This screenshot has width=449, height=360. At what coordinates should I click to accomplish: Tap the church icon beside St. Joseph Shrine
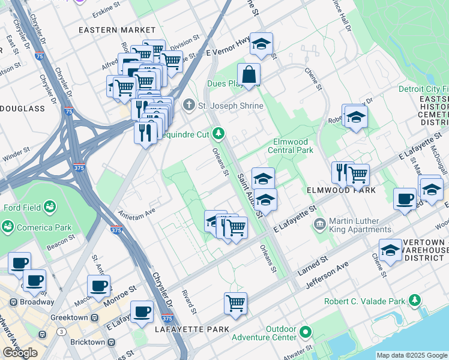click(189, 106)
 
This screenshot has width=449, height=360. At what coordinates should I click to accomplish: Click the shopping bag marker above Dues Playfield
click(249, 75)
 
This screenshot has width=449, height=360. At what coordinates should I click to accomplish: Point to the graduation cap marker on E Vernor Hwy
click(261, 44)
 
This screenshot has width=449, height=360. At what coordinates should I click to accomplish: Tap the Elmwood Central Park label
click(289, 146)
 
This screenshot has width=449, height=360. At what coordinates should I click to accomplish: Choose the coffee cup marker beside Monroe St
click(98, 286)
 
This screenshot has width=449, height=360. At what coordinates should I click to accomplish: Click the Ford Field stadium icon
click(50, 208)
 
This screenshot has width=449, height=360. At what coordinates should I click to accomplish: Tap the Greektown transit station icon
click(93, 317)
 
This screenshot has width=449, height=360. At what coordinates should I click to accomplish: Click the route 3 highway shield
click(61, 331)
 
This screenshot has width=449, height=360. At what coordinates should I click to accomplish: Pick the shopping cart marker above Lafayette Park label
click(235, 302)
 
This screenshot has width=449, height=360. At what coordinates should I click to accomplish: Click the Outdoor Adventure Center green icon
click(306, 331)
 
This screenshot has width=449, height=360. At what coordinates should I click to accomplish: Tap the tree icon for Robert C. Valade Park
click(414, 301)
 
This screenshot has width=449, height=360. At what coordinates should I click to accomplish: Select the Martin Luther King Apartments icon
click(319, 224)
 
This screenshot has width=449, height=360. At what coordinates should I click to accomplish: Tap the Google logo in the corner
click(20, 352)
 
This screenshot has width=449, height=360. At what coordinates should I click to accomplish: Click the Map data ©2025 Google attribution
click(412, 355)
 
